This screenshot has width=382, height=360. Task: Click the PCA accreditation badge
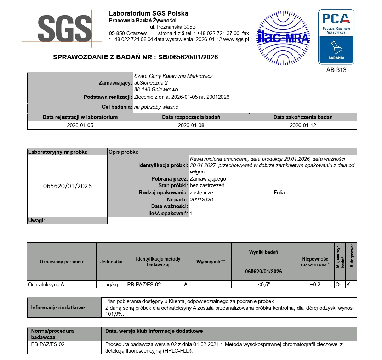[x=336, y=36]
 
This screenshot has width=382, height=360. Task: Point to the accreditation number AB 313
[x=336, y=70]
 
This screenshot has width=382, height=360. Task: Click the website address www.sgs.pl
[x=236, y=39]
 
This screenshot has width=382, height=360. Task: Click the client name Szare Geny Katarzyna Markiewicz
[x=173, y=76]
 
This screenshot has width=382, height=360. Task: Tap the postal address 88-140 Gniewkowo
[x=156, y=90]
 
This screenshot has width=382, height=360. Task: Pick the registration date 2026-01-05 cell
[x=80, y=125]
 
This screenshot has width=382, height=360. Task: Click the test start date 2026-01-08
[x=191, y=125]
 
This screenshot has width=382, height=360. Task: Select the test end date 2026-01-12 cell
[x=303, y=125]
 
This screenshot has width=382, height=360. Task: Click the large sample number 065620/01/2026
[x=67, y=186]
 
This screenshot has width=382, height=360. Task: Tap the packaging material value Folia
[x=279, y=193]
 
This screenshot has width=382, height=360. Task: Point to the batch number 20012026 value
[x=201, y=200]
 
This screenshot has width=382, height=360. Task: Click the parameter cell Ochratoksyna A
[x=46, y=284]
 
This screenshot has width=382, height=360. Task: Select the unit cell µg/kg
[x=111, y=284]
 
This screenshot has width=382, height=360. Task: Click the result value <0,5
[x=263, y=284]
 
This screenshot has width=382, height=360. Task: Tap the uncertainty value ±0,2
[x=315, y=284]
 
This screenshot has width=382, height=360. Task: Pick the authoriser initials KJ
[x=350, y=284]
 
